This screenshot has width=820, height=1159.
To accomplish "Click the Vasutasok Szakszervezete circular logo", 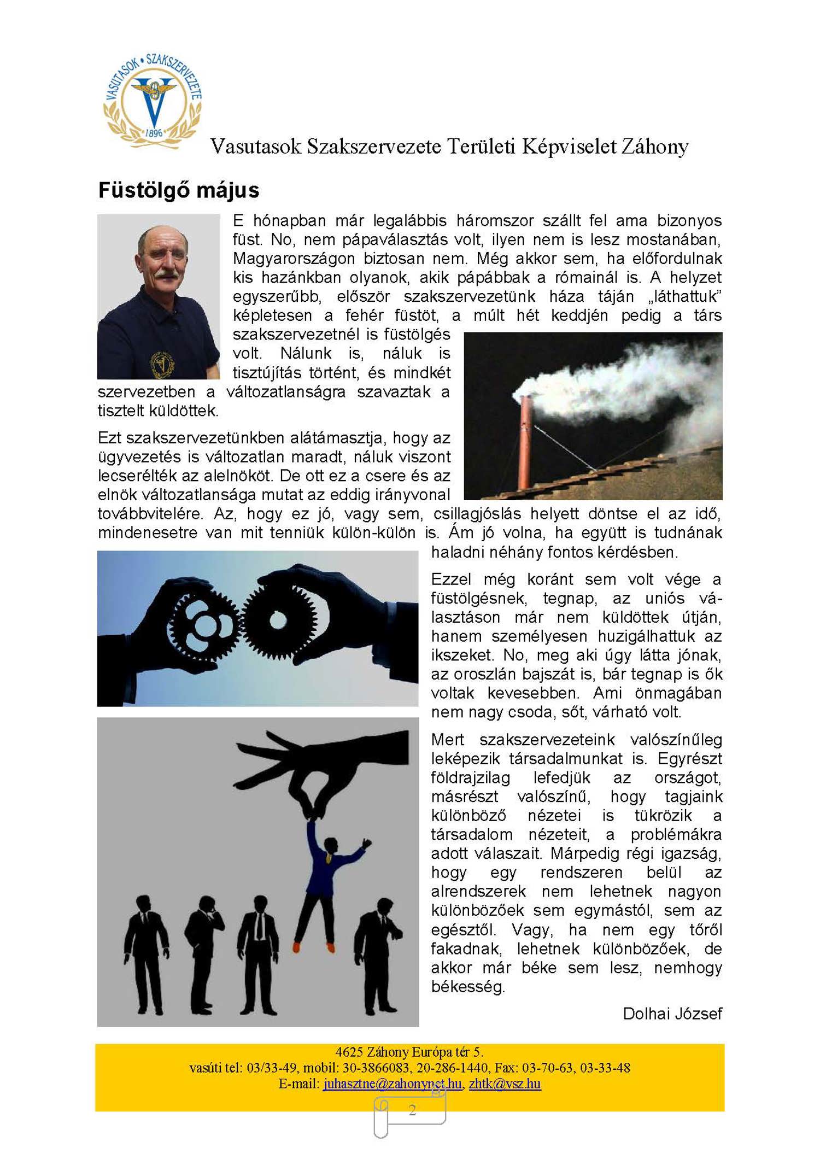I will click(153, 101).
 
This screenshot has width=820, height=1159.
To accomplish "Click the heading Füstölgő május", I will click(179, 190).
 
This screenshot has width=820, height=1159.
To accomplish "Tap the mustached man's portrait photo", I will click(159, 296).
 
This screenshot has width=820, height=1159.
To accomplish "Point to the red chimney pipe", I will click(525, 443).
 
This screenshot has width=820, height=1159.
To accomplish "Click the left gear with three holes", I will click(203, 624).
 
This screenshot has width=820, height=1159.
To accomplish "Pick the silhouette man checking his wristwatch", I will click(377, 951).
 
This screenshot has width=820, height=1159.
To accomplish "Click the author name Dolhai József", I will click(672, 1014).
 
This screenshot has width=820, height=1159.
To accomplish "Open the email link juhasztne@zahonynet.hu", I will click(392, 1084).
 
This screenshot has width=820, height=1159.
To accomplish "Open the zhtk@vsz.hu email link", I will click(505, 1084).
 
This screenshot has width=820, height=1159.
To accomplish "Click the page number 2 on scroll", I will click(412, 1110).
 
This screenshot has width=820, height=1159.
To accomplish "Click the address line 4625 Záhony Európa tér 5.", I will click(409, 1052).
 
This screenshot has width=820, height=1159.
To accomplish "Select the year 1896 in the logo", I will click(154, 133).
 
